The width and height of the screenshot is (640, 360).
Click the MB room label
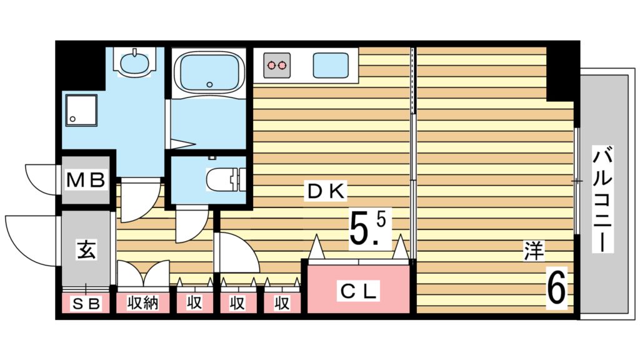click(x=86, y=179)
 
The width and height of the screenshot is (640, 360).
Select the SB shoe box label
click(x=86, y=304)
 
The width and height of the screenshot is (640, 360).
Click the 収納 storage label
click(x=142, y=303)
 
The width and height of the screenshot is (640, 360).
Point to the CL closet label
click(x=358, y=291)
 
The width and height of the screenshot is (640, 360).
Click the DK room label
click(x=326, y=191)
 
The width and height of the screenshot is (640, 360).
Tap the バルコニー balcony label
click(x=603, y=199)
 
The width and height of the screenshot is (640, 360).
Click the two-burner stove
click(x=277, y=65)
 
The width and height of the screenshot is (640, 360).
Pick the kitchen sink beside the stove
click(x=331, y=65)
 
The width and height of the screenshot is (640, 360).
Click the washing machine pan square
click(x=82, y=110)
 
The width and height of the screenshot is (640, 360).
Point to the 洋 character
click(x=534, y=251)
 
